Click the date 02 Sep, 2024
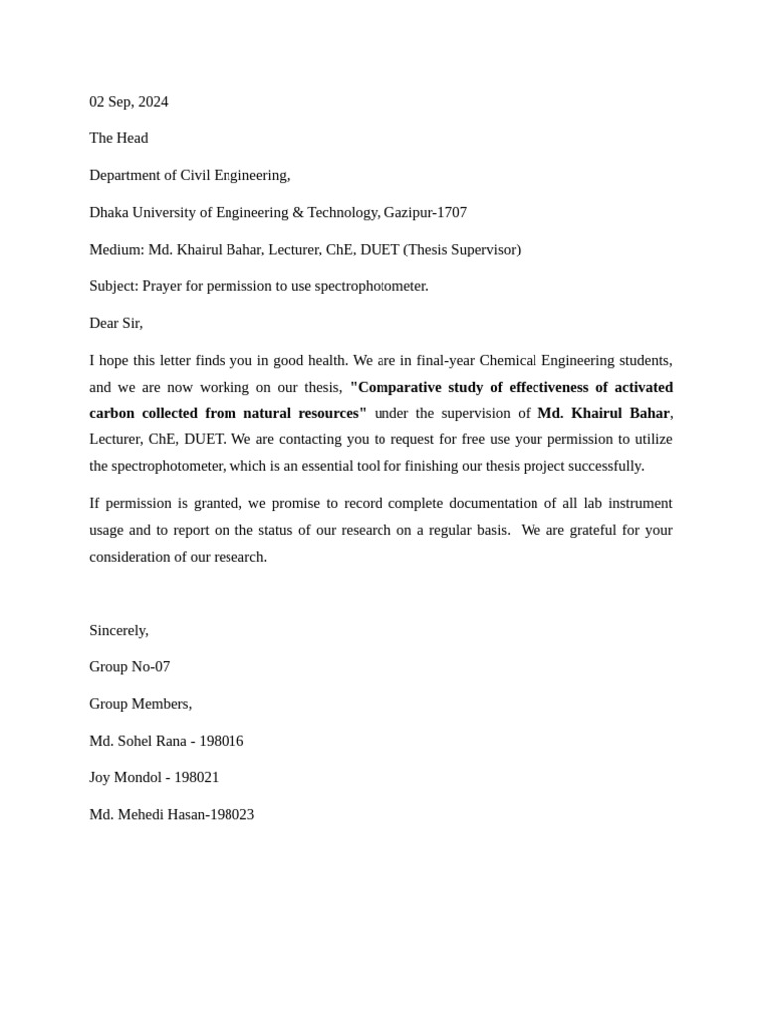point(129,101)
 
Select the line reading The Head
point(118,138)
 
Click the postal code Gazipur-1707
point(425,212)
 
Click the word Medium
point(115,249)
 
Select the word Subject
point(112,286)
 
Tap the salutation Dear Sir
point(115,323)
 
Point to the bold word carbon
point(113,413)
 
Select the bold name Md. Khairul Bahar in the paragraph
point(603,413)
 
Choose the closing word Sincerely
point(118,630)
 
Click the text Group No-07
point(129,667)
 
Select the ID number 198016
point(221,741)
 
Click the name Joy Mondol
point(125,777)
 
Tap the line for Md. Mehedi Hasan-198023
point(172,814)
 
